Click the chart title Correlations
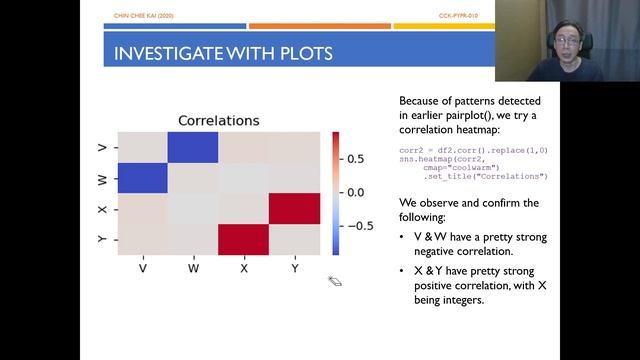coord(218,121)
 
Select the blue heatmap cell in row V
coord(194,147)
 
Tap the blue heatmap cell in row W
coord(143,178)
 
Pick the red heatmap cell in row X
coord(294,208)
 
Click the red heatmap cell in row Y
coord(244,239)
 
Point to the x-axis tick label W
coord(194,267)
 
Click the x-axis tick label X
coord(244,267)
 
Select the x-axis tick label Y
coord(294,267)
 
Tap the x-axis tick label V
coord(143,267)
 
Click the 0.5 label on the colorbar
coord(355,157)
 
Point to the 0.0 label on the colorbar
coord(355,191)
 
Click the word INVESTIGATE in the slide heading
coord(169,52)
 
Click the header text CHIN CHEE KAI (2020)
coord(139,16)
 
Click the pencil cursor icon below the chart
coord(335,282)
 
